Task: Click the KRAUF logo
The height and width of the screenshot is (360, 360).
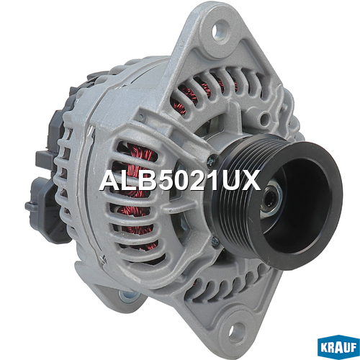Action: click(338, 347)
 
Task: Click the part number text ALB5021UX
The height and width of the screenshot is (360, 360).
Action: click(180, 181)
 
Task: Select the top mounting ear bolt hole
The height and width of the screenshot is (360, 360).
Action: click(219, 30)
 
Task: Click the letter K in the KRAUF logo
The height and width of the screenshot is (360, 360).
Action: click(325, 347)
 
